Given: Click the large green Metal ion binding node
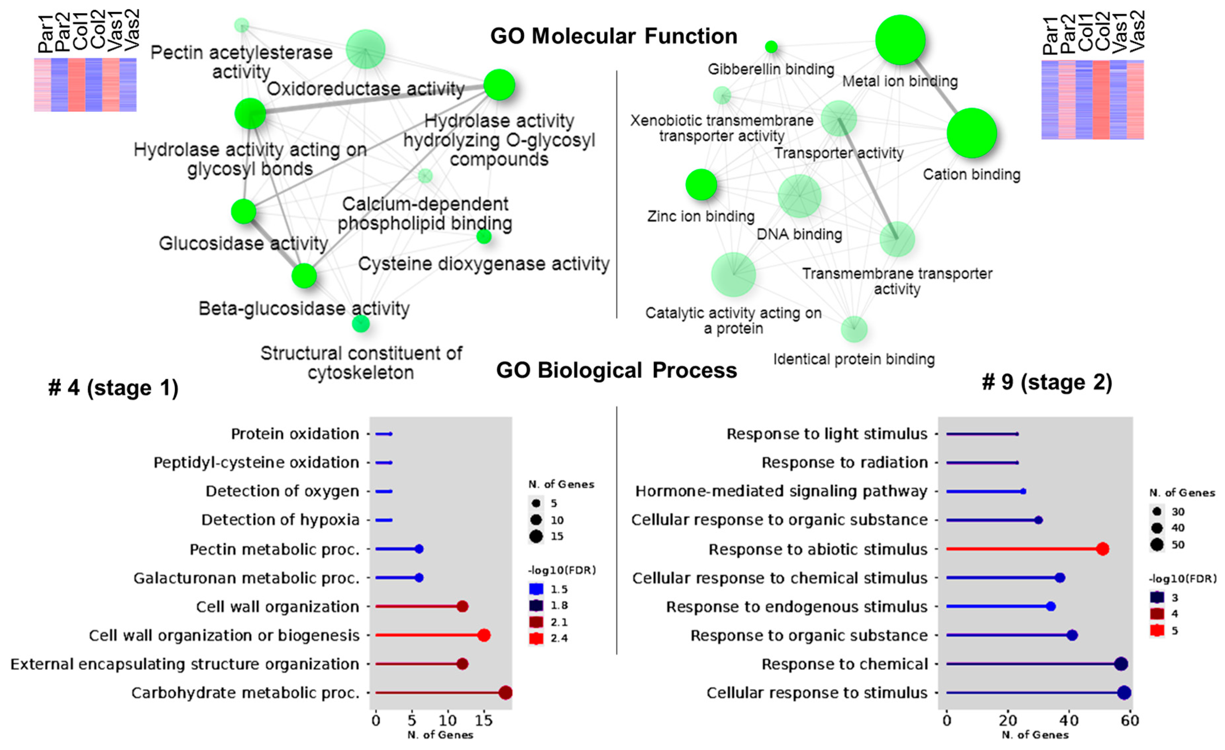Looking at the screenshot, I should [x=900, y=40].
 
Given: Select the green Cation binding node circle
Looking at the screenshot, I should [x=971, y=133].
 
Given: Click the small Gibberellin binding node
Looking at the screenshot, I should [x=771, y=47].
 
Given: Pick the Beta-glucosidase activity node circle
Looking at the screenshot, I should [x=304, y=275].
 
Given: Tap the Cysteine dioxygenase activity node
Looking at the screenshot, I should [x=484, y=237].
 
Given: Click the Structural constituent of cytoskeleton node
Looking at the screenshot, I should [x=361, y=324].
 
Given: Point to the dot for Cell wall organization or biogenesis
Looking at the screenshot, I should [x=484, y=635].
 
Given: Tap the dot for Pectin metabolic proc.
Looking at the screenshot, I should [x=419, y=549].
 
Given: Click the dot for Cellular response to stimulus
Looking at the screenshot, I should [x=1124, y=692].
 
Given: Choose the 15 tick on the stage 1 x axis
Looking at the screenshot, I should [x=483, y=720].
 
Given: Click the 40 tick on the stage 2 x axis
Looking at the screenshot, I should [x=1069, y=720].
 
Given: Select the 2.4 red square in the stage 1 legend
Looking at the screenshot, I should [x=536, y=638].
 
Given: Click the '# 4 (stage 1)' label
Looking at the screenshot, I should [x=113, y=388].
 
